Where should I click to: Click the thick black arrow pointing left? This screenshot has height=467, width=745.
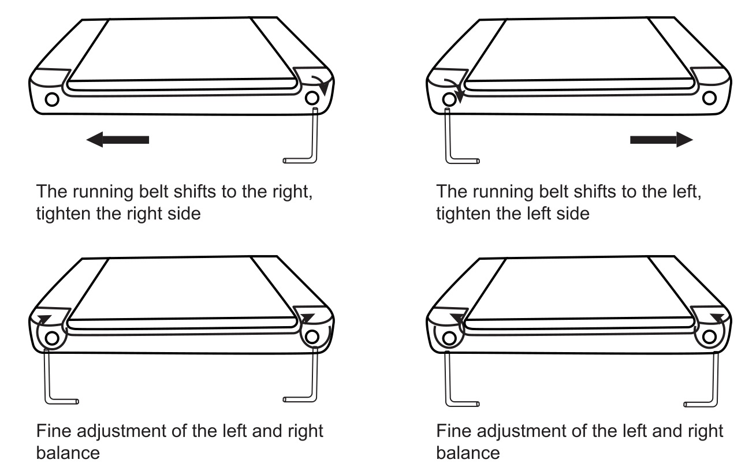117,140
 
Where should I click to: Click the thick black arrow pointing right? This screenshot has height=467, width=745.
661,140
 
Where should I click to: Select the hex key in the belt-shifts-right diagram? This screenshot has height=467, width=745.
300,136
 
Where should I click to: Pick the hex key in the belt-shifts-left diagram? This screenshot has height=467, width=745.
462,136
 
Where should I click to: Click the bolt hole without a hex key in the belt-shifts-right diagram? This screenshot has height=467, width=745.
52,99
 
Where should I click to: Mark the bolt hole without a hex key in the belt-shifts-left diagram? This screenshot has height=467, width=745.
709,98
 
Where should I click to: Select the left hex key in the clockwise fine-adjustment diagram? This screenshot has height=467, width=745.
62,376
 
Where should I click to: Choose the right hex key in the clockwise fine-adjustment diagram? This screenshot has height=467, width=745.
300,375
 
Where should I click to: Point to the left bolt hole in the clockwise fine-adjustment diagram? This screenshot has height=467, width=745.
52,338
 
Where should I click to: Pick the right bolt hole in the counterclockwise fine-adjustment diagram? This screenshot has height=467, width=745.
709,337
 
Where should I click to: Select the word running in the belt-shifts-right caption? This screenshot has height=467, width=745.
103,192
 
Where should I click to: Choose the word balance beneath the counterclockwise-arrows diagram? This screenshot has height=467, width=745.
468,453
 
